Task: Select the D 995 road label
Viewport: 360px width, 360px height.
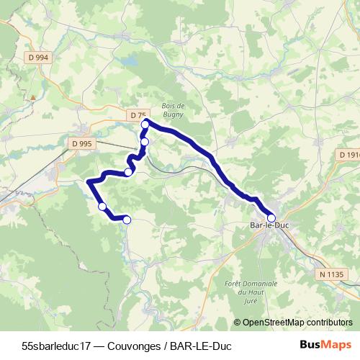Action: [82, 144]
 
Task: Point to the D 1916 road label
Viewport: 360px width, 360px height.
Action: [348, 154]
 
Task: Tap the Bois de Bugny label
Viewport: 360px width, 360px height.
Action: [174, 109]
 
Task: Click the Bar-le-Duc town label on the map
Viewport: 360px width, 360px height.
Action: [264, 228]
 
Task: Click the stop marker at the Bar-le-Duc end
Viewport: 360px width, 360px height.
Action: [271, 218]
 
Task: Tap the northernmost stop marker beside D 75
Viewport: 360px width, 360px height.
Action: [145, 125]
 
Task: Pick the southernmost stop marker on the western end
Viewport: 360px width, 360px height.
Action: [127, 220]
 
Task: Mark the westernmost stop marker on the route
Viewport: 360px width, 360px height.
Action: [102, 207]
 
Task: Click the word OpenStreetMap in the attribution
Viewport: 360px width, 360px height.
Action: [273, 323]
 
